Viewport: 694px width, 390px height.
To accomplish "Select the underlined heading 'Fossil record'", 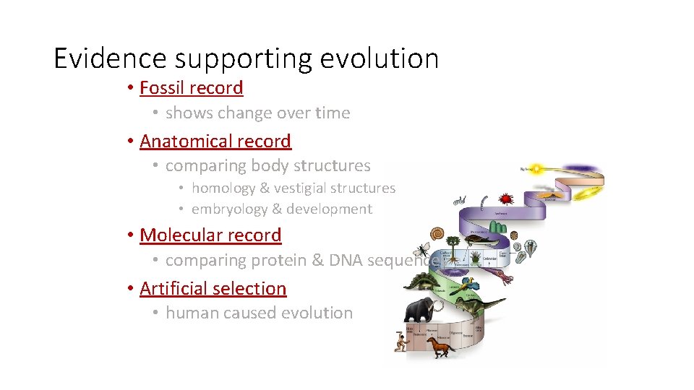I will (191, 88).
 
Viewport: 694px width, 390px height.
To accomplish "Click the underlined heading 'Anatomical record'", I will (215, 142).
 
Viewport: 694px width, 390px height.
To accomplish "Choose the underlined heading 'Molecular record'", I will (210, 235).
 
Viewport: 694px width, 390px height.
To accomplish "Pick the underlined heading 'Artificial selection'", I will (213, 289).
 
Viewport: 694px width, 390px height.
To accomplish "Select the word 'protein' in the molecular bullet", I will (278, 261).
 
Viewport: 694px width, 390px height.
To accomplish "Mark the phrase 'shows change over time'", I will (257, 113).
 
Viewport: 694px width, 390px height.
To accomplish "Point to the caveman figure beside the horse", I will (400, 341).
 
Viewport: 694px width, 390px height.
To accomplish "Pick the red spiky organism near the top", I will (507, 197).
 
